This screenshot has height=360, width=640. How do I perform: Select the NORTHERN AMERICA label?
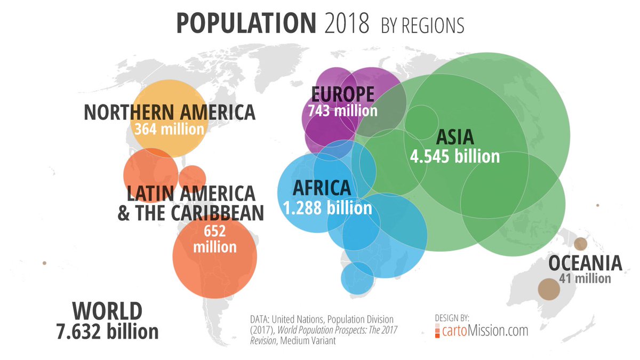[x=170, y=113]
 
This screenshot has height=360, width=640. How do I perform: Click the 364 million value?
[x=169, y=129]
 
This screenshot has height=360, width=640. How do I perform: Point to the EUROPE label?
[x=342, y=94]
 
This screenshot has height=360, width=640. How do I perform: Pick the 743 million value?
[x=342, y=110]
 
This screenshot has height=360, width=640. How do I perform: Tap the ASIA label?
[x=455, y=137]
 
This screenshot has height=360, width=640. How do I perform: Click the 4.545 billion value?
[x=455, y=156]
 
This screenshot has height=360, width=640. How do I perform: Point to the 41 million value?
[x=585, y=278]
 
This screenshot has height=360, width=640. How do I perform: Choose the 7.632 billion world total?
[x=107, y=331]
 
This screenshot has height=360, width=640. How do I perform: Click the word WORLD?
[x=107, y=310]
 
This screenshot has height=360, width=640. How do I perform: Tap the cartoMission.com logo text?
[x=485, y=331]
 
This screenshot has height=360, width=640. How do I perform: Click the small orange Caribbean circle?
[x=192, y=177]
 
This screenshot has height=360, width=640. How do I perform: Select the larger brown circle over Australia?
[x=548, y=290]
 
